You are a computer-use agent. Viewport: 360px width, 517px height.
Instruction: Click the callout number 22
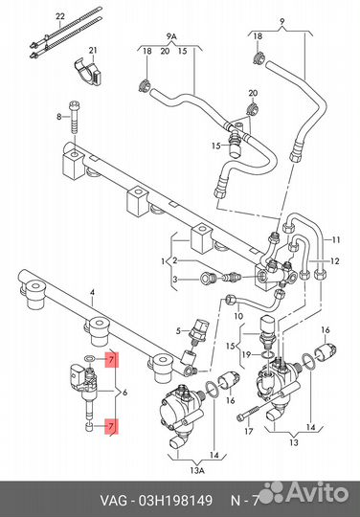(60, 16)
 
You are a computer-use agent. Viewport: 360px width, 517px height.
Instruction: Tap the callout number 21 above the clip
(93, 50)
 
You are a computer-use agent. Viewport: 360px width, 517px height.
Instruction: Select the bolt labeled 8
(75, 117)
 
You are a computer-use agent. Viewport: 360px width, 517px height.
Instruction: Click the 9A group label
(171, 36)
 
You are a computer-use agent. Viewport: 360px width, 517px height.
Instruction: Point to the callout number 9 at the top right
(281, 22)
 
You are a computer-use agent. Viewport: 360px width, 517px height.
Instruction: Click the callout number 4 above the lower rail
(92, 292)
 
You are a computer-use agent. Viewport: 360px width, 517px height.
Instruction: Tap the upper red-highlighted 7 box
(111, 360)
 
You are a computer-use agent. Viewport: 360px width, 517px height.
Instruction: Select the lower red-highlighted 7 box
(111, 426)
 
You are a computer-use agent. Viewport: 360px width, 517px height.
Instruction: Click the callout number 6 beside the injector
(124, 393)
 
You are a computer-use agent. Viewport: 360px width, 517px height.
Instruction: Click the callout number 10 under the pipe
(238, 316)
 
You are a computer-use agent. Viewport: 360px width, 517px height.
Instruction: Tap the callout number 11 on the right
(335, 239)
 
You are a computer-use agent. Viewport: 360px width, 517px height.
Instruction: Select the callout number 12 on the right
(334, 261)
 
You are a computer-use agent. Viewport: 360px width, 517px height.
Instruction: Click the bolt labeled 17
(249, 413)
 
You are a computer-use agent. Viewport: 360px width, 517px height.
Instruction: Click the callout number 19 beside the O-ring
(246, 355)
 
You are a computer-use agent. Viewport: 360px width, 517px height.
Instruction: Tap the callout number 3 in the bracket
(174, 280)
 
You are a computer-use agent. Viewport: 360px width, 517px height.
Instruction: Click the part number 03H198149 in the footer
(175, 501)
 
